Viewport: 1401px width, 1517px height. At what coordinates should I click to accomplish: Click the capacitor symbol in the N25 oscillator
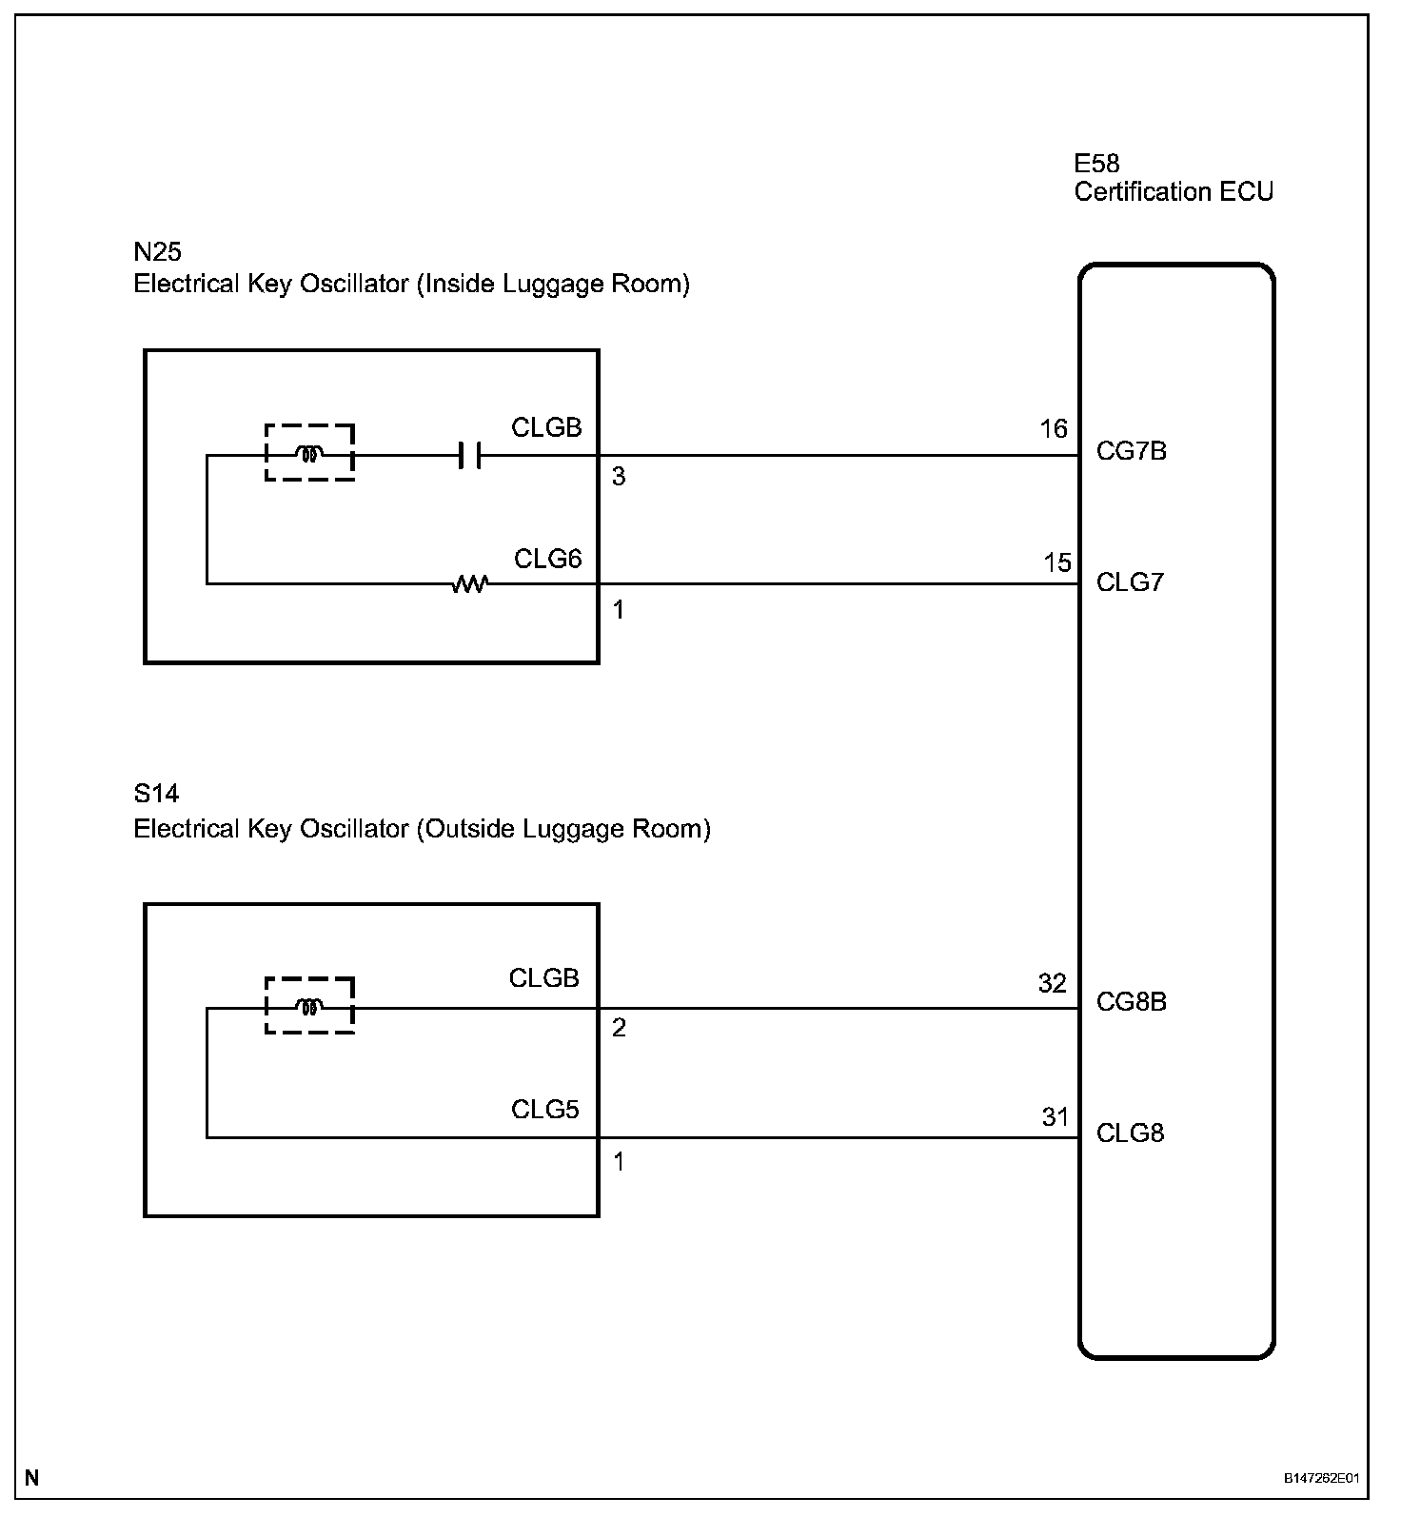pyautogui.click(x=469, y=456)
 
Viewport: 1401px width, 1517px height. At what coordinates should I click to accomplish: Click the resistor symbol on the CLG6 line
pyautogui.click(x=468, y=583)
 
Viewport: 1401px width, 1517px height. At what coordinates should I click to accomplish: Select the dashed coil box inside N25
pyautogui.click(x=309, y=453)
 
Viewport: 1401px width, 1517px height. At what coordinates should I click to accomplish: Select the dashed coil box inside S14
pyautogui.click(x=309, y=1005)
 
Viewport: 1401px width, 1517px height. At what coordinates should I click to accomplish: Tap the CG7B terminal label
pyautogui.click(x=1131, y=451)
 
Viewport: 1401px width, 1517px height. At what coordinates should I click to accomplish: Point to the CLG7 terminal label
pyautogui.click(x=1130, y=582)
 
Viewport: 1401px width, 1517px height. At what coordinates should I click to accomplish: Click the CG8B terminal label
pyautogui.click(x=1131, y=1002)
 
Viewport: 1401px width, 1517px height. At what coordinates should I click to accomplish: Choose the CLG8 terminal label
pyautogui.click(x=1130, y=1133)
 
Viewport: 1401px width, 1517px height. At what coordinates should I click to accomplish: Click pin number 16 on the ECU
pyautogui.click(x=1053, y=430)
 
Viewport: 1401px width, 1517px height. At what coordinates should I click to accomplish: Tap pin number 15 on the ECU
pyautogui.click(x=1056, y=563)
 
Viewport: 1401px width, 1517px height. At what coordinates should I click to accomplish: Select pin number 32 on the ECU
pyautogui.click(x=1052, y=984)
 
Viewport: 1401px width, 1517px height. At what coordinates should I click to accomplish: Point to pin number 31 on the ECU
pyautogui.click(x=1055, y=1117)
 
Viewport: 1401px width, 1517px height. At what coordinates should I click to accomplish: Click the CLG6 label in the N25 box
pyautogui.click(x=547, y=559)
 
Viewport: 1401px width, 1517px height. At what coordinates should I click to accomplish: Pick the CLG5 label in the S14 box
pyautogui.click(x=544, y=1110)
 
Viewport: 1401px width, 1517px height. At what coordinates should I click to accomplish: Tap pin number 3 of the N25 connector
pyautogui.click(x=619, y=477)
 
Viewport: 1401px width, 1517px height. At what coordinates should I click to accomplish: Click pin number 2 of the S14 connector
pyautogui.click(x=619, y=1029)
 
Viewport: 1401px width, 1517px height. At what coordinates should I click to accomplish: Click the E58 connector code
pyautogui.click(x=1096, y=164)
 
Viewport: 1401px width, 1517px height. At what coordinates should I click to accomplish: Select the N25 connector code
pyautogui.click(x=157, y=252)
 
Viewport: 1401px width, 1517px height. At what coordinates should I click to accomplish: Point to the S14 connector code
pyautogui.click(x=156, y=794)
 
